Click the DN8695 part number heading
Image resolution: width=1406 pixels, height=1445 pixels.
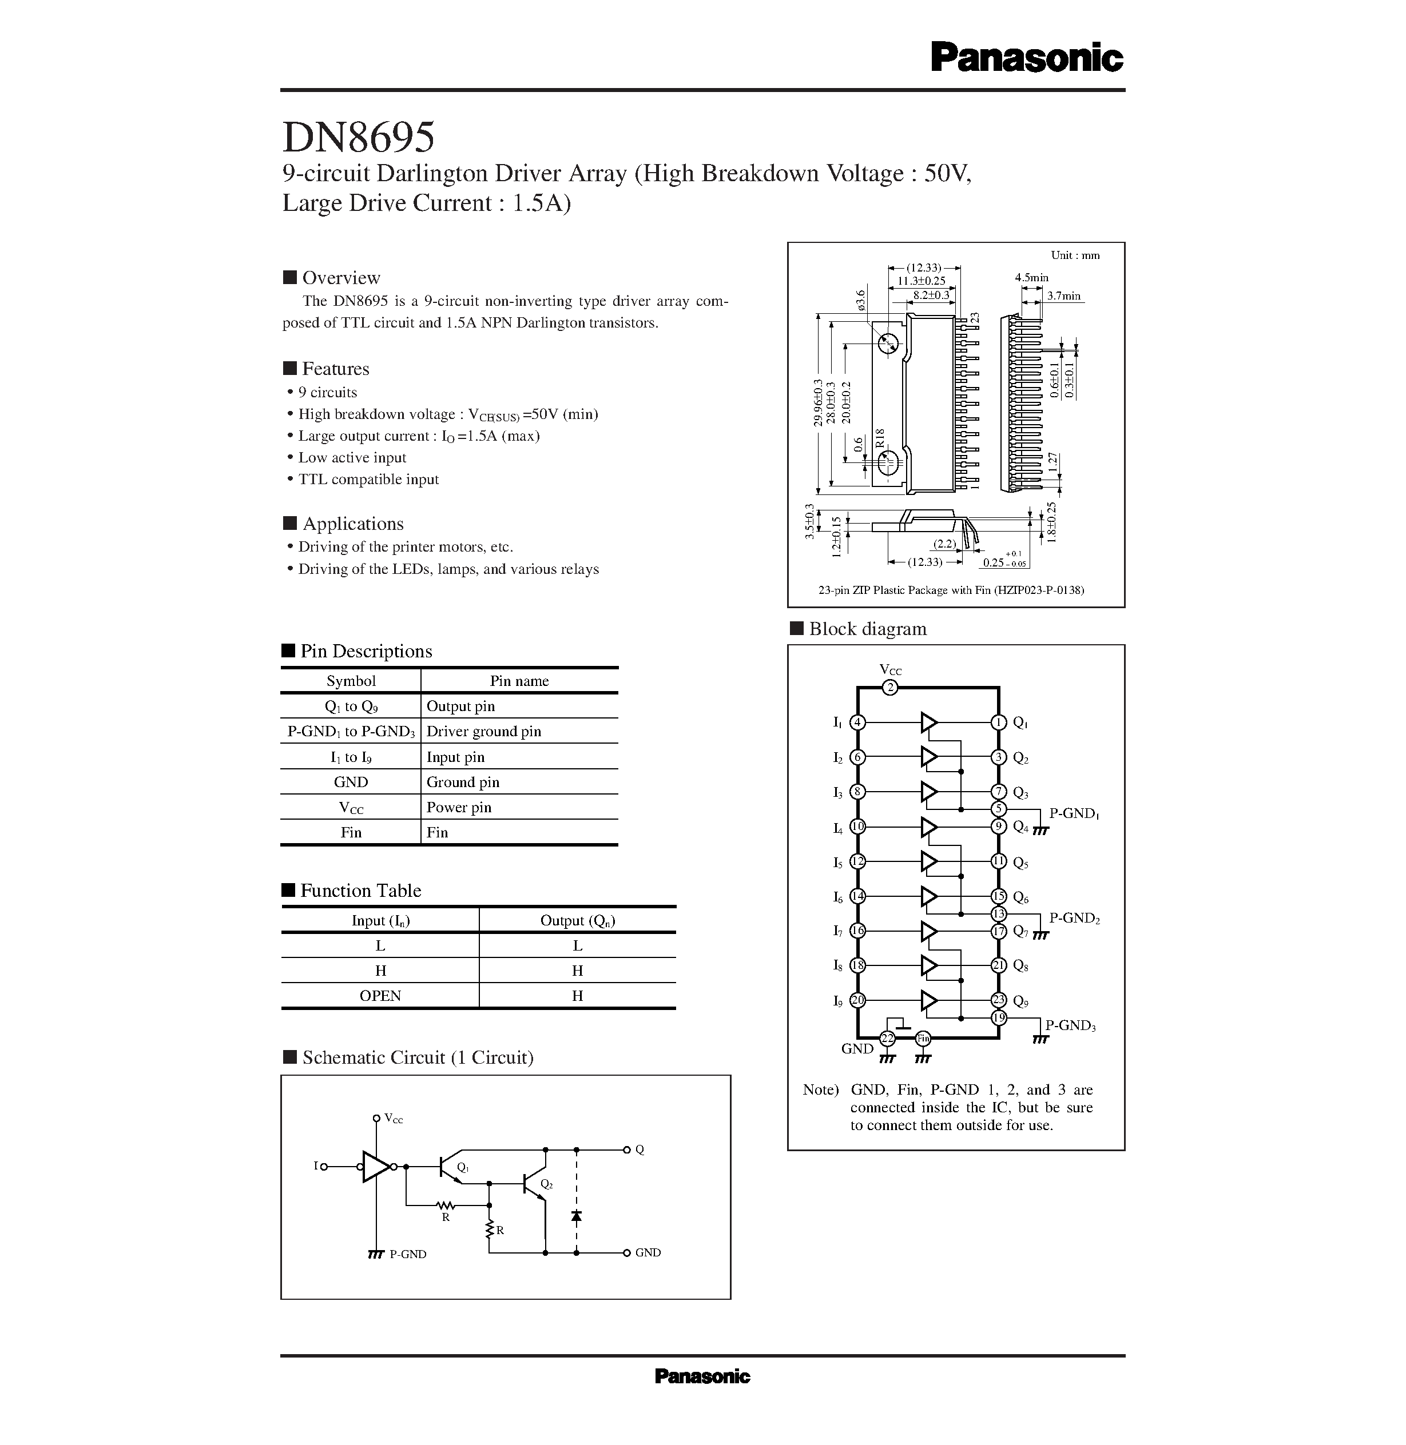359,137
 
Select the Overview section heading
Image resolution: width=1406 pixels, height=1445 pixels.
340,277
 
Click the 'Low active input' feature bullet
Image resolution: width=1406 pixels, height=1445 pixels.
351,457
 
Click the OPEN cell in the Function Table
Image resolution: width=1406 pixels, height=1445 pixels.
380,996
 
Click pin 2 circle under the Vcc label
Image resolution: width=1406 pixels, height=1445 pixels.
891,688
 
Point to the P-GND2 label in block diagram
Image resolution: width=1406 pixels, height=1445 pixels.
1074,918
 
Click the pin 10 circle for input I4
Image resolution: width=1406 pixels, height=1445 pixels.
857,827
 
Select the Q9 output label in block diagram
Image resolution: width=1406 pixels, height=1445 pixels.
1020,1001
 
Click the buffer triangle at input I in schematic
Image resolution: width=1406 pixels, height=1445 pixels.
376,1167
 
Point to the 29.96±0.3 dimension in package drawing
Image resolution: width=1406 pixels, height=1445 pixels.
817,403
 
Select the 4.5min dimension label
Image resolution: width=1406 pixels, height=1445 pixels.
1031,277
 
